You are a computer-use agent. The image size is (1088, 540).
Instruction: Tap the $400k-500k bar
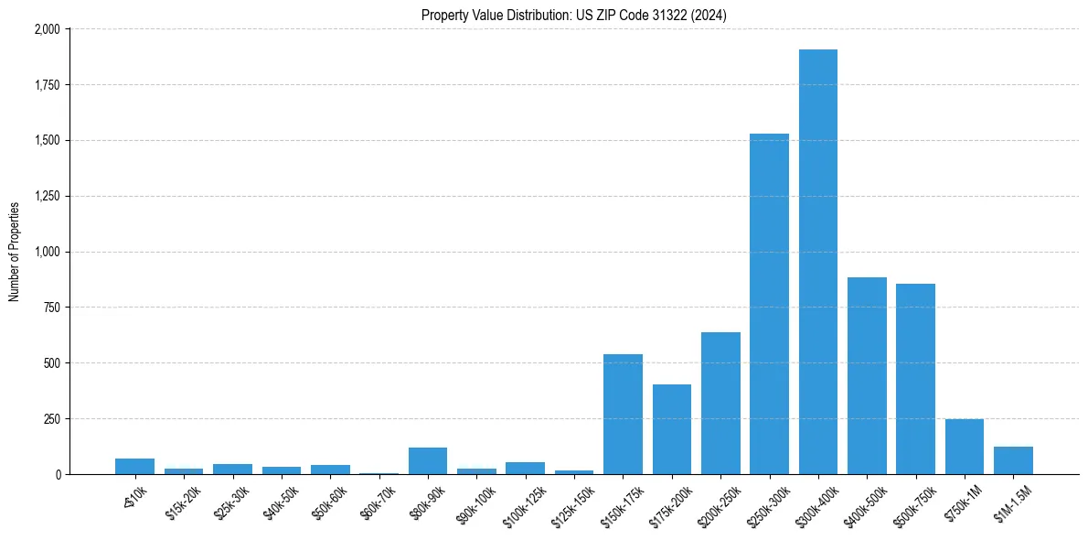pos(867,375)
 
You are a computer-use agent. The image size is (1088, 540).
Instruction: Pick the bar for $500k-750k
pos(915,379)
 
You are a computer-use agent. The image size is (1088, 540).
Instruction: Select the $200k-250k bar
pos(720,403)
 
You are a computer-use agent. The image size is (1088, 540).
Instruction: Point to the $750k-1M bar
pos(964,447)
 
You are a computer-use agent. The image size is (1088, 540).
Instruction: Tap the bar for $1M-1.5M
pos(1013,460)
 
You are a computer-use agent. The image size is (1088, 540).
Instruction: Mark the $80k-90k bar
pos(427,460)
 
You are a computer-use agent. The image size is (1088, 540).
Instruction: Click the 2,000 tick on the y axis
pos(47,29)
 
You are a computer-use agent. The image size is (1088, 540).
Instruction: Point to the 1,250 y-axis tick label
pos(47,196)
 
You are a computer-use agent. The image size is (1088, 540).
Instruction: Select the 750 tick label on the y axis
pos(52,308)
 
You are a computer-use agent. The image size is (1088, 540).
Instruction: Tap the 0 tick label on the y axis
pos(58,474)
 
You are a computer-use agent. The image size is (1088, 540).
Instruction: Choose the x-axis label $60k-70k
pos(378,500)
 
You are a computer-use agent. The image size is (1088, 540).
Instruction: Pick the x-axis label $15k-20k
pos(183,500)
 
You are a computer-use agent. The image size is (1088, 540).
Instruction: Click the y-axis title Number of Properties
pos(15,252)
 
